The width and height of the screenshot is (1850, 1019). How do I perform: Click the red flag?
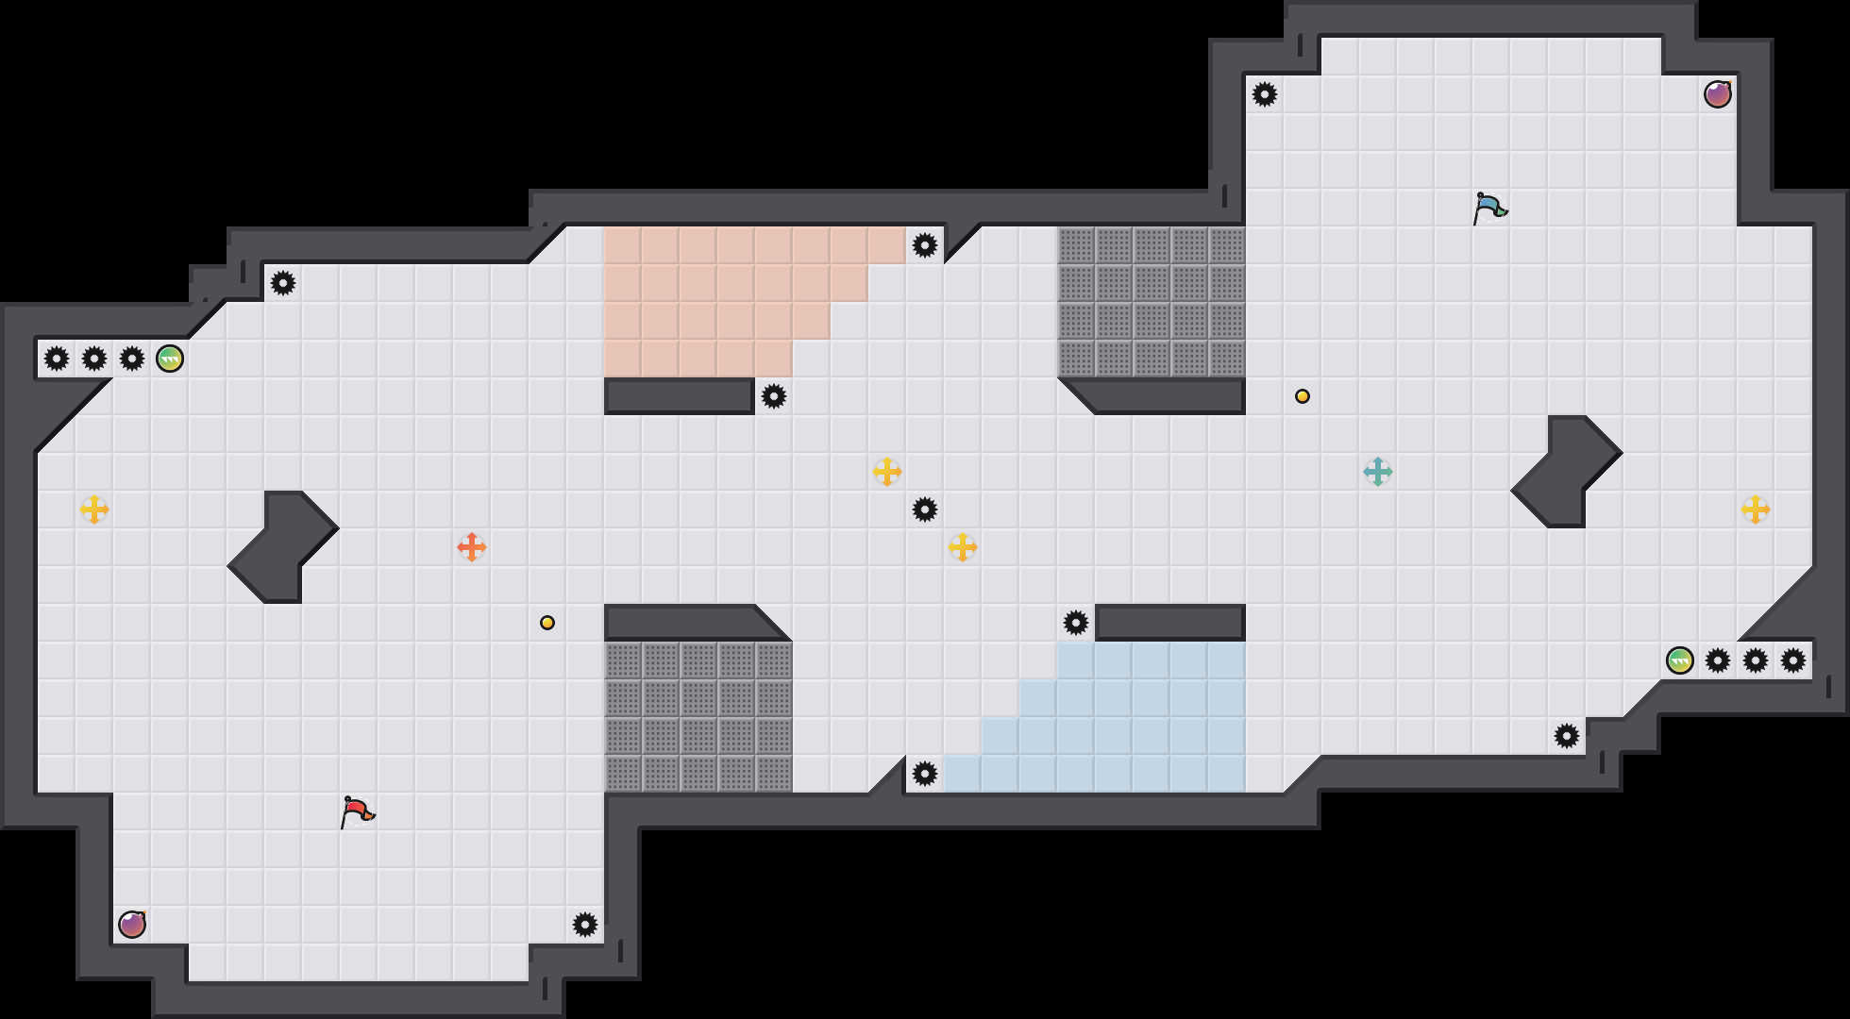pyautogui.click(x=357, y=811)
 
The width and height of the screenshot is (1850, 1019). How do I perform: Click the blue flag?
pyautogui.click(x=1489, y=208)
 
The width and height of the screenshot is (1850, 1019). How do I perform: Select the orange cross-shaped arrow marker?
pyautogui.click(x=472, y=547)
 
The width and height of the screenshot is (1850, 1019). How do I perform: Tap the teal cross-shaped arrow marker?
pyautogui.click(x=1378, y=472)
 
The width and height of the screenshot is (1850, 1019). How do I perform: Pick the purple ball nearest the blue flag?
pyautogui.click(x=1718, y=94)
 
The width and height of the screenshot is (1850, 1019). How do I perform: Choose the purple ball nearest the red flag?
pyautogui.click(x=132, y=925)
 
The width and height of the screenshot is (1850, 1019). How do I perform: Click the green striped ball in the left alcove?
pyautogui.click(x=170, y=359)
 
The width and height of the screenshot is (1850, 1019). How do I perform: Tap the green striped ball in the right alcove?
pyautogui.click(x=1680, y=660)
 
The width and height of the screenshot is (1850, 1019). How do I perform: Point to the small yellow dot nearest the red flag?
pyautogui.click(x=547, y=623)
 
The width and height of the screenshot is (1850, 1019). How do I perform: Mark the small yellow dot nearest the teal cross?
pyautogui.click(x=1303, y=396)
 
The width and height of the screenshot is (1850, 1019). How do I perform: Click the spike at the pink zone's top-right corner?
pyautogui.click(x=925, y=245)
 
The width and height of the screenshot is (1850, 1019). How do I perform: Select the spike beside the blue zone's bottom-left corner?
pyautogui.click(x=925, y=774)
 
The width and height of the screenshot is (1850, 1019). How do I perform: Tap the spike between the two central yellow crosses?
pyautogui.click(x=925, y=509)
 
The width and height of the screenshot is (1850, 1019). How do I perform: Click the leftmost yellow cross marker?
pyautogui.click(x=94, y=509)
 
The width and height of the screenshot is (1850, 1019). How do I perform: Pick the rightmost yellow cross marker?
pyautogui.click(x=1756, y=509)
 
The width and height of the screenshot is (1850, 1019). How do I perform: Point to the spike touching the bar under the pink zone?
pyautogui.click(x=774, y=396)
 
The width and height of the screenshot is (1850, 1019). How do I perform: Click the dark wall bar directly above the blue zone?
pyautogui.click(x=1170, y=623)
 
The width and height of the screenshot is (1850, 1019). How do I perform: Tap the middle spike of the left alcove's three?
pyautogui.click(x=94, y=359)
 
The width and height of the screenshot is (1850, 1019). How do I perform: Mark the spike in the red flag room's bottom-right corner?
pyautogui.click(x=585, y=925)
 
